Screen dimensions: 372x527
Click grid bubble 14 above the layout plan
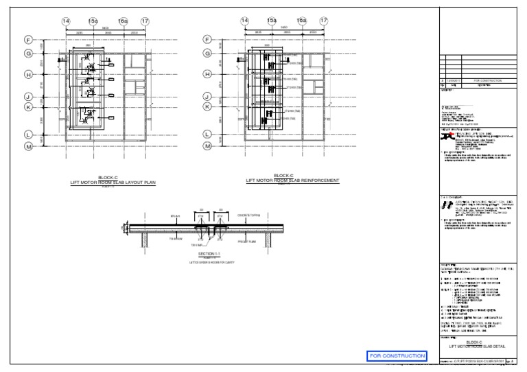[x=66, y=22]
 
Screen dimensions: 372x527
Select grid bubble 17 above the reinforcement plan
[x=325, y=22]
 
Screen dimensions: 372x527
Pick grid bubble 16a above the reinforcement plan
[x=301, y=22]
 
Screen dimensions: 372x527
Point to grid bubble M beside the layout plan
[x=29, y=146]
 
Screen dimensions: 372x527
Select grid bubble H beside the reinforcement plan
[x=207, y=74]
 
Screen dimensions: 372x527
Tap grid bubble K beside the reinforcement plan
[x=207, y=106]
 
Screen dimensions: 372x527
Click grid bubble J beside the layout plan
[x=29, y=96]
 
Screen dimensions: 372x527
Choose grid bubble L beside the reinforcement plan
[x=207, y=135]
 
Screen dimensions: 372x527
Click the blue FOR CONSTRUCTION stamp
[x=397, y=356]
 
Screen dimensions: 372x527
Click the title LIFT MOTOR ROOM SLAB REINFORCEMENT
[x=292, y=181]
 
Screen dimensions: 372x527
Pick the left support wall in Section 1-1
[x=142, y=238]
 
